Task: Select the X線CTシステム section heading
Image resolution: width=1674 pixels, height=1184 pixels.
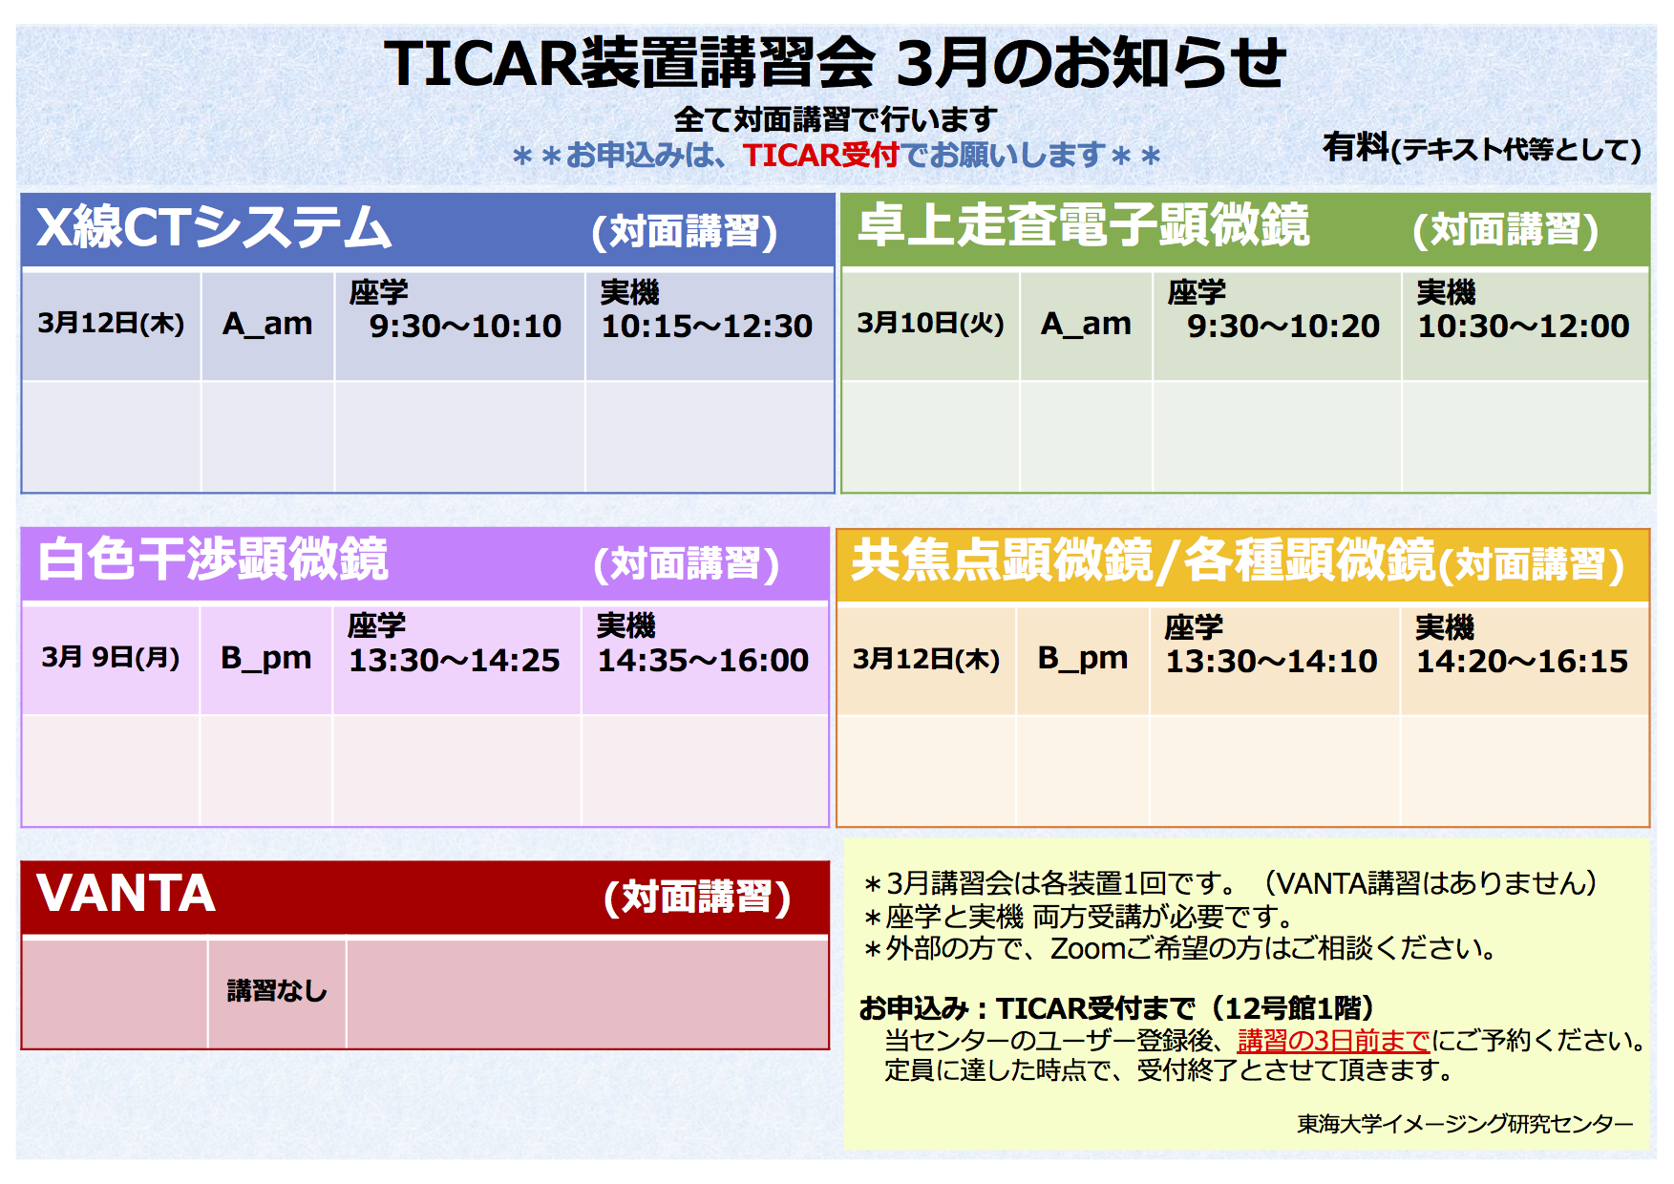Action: click(214, 228)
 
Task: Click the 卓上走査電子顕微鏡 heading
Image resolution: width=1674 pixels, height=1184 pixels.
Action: click(1084, 226)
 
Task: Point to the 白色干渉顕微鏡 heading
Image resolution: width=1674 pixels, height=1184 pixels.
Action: click(213, 560)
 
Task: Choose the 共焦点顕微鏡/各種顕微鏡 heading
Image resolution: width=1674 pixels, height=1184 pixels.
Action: click(1143, 560)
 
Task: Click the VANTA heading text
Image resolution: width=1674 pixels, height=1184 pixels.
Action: click(126, 894)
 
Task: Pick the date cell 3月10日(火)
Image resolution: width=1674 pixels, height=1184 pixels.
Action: click(930, 324)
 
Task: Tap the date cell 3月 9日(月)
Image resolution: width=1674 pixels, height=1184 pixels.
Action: click(111, 657)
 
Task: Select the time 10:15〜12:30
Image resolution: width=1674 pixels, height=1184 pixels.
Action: click(707, 327)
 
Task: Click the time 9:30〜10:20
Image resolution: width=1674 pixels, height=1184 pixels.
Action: click(1283, 327)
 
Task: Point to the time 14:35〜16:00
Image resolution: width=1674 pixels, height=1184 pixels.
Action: click(703, 660)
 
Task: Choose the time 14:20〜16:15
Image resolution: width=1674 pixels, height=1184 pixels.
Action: click(1522, 661)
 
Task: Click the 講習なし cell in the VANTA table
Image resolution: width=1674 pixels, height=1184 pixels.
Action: click(277, 991)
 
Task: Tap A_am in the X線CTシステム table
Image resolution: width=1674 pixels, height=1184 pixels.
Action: click(267, 325)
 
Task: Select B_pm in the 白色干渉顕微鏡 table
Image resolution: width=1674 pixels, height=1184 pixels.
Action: click(265, 658)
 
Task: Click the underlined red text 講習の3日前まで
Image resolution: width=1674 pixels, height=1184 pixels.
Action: click(1333, 1040)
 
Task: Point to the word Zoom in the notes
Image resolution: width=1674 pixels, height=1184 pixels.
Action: click(1088, 948)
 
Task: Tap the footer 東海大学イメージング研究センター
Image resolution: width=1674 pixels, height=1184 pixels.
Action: click(1465, 1124)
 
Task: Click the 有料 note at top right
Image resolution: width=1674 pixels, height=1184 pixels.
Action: click(1355, 147)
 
